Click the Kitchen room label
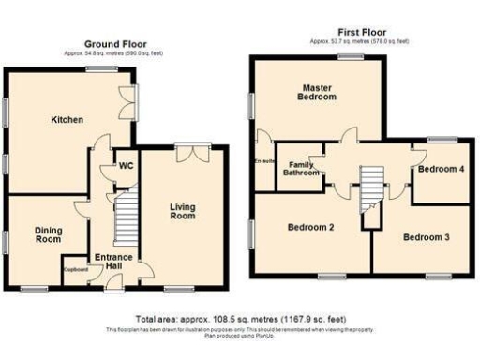(67, 120)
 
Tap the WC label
(126, 168)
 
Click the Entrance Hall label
(113, 262)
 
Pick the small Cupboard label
(76, 270)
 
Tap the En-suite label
(263, 161)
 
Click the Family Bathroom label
(302, 168)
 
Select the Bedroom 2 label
(310, 227)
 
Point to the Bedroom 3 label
(427, 237)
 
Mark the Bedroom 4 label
(440, 170)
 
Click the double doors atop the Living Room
(194, 150)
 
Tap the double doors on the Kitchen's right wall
(127, 105)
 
